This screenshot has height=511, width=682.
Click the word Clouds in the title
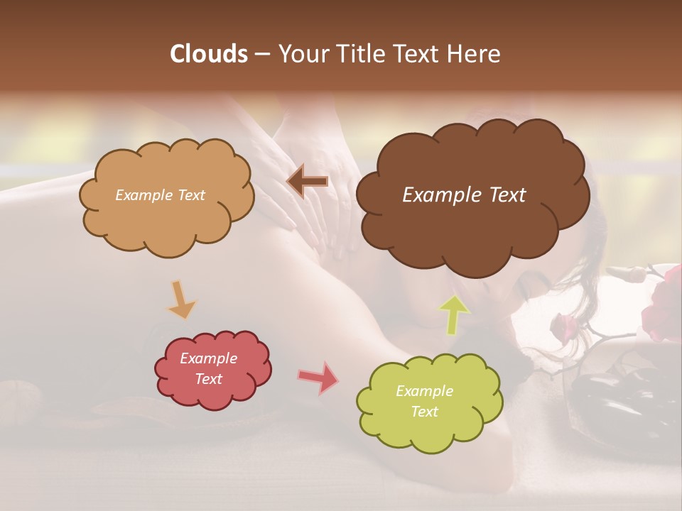pos(209,54)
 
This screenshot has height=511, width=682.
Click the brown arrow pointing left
pos(308,181)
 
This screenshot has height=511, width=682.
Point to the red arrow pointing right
pos(318,378)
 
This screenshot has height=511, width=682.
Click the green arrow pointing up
pos(453,314)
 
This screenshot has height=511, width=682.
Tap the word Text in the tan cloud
pos(190,195)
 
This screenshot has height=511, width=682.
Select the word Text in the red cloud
pos(208,379)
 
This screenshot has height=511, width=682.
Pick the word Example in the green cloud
pos(424,391)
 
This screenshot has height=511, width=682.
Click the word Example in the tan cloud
pos(144,195)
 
